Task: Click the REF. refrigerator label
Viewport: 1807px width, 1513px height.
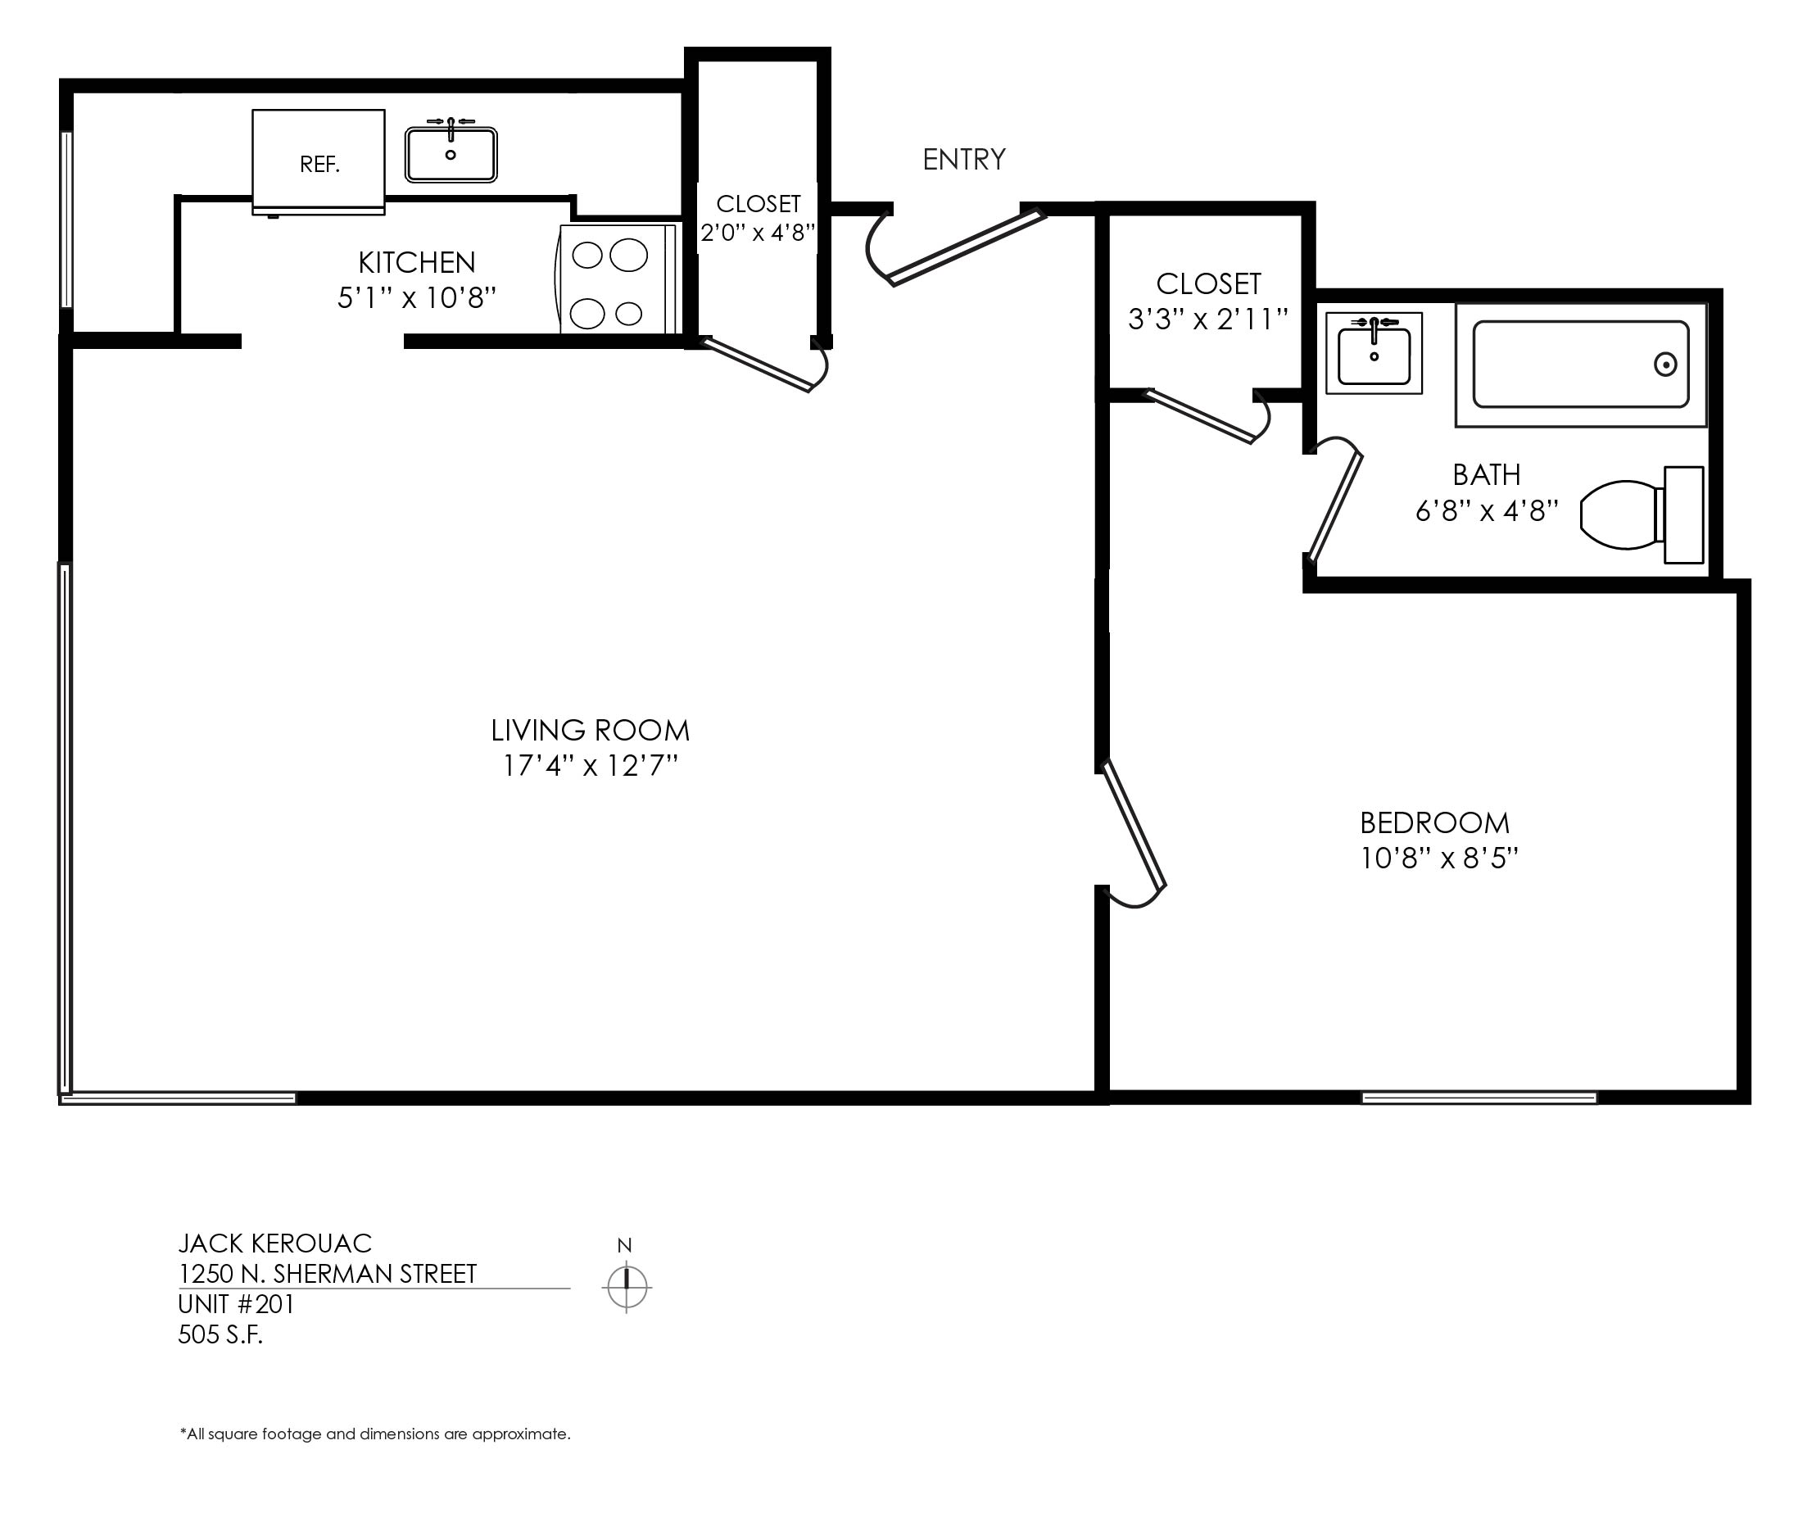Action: click(319, 165)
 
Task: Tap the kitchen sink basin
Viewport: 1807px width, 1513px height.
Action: click(451, 155)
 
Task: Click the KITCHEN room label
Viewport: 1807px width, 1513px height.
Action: click(416, 261)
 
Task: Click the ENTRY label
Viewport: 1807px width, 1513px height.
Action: click(964, 159)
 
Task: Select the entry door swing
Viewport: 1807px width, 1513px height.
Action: click(957, 246)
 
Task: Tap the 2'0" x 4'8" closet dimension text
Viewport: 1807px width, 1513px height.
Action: click(757, 233)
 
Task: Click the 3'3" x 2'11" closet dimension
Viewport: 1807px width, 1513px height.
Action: click(1208, 319)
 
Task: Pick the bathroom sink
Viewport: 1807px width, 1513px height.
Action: click(1374, 353)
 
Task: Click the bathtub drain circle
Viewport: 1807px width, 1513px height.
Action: click(1665, 365)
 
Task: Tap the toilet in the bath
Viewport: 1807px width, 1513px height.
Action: click(1642, 514)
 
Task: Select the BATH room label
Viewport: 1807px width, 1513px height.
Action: click(1486, 474)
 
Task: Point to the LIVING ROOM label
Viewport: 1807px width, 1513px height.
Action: click(591, 731)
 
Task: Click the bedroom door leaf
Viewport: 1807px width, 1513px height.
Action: click(1134, 823)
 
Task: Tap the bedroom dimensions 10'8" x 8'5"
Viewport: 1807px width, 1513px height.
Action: click(1438, 858)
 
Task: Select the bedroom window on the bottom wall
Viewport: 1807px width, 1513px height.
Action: click(1479, 1098)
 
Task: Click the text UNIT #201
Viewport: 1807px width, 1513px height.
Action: click(236, 1304)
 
